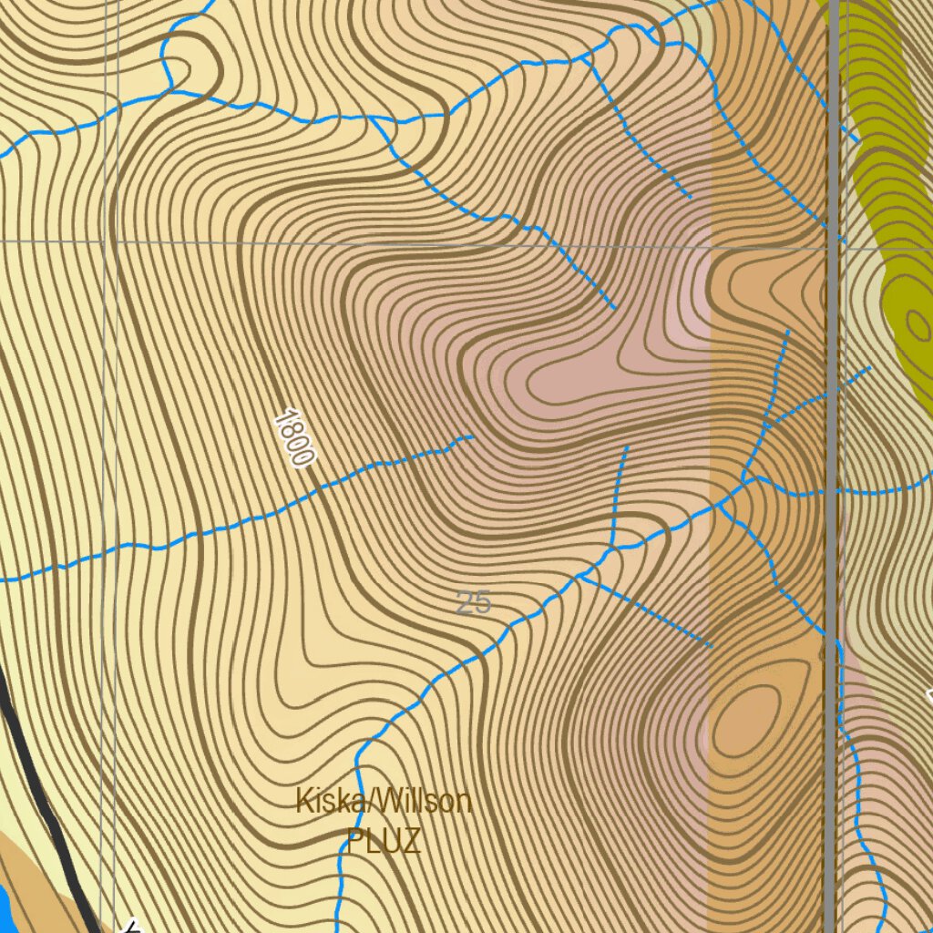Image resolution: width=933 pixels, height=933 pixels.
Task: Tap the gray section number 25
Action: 473,602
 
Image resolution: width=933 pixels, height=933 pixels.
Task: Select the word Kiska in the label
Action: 326,802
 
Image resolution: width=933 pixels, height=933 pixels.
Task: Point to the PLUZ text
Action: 384,840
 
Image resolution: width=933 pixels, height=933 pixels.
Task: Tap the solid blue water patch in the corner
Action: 5,907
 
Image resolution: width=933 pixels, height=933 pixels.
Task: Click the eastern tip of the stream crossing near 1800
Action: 472,436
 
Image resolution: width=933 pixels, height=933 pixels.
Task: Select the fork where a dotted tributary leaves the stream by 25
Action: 580,576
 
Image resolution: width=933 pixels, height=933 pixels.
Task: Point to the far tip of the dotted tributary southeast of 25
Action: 710,645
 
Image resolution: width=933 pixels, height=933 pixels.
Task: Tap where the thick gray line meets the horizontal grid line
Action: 831,246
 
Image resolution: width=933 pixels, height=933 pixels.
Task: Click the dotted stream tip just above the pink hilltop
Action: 615,308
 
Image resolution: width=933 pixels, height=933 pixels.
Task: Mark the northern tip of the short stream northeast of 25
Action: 627,447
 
